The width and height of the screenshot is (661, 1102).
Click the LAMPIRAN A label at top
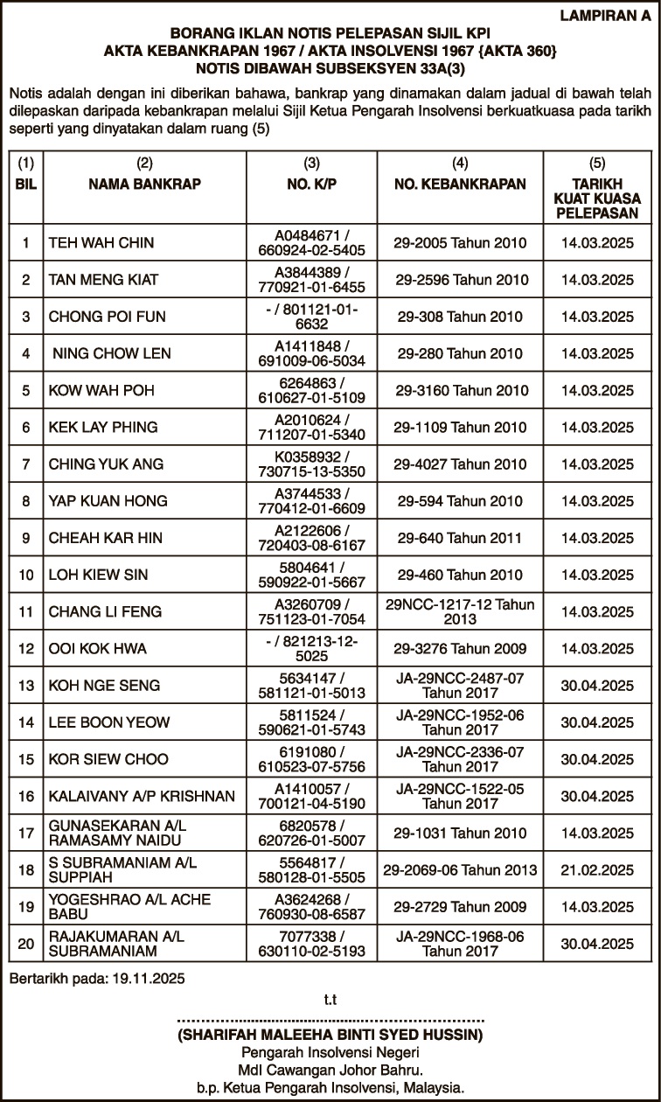click(608, 14)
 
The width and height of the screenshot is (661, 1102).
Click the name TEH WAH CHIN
click(95, 243)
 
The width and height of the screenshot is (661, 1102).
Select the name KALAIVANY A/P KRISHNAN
click(142, 796)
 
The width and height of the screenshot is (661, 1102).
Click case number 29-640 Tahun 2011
click(460, 538)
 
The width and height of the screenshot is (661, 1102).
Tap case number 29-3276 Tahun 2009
click(460, 648)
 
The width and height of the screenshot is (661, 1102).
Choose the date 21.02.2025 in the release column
click(597, 869)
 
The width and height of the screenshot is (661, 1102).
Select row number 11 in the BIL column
click(26, 611)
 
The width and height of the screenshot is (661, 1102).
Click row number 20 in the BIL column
click(26, 943)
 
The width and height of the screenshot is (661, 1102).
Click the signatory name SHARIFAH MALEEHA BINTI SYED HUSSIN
click(330, 1036)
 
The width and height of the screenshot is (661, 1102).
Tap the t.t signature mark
click(330, 999)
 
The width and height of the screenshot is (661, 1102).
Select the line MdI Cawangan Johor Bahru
click(330, 1071)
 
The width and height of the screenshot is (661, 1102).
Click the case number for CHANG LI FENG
click(460, 611)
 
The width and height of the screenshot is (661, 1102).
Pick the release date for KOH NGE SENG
click(597, 685)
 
